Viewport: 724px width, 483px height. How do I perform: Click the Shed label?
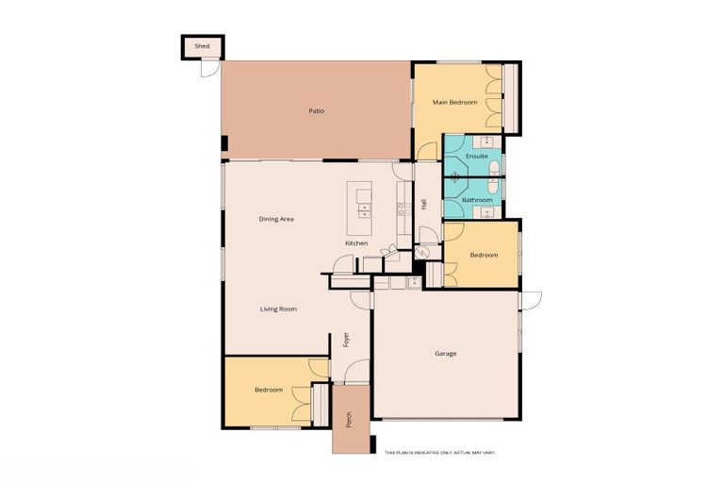click(x=202, y=45)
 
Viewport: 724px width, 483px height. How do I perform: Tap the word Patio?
click(x=317, y=111)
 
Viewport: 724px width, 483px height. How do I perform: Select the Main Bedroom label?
click(x=454, y=102)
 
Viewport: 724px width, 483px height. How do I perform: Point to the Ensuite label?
click(x=477, y=156)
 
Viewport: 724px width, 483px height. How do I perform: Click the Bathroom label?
click(x=477, y=200)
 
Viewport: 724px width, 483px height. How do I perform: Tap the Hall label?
click(x=424, y=204)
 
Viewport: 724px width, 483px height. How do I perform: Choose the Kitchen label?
click(x=356, y=243)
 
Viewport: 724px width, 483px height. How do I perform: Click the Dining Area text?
click(x=277, y=219)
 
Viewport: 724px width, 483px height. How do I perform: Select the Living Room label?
click(x=279, y=308)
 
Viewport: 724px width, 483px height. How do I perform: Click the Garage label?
click(x=445, y=354)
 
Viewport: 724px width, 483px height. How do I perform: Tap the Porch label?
click(x=348, y=419)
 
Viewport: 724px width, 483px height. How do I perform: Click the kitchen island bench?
click(x=361, y=208)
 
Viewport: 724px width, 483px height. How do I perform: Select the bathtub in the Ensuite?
click(x=494, y=170)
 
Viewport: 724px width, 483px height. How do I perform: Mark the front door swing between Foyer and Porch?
click(x=356, y=375)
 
